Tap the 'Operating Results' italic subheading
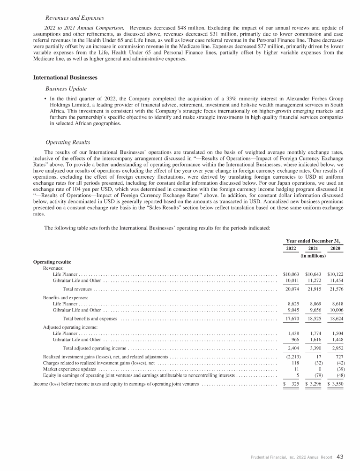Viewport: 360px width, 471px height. pyautogui.click(x=68, y=142)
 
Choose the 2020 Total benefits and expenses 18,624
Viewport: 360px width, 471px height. pyautogui.click(x=335, y=319)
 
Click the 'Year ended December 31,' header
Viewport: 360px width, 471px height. pyautogui.click(x=313, y=240)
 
